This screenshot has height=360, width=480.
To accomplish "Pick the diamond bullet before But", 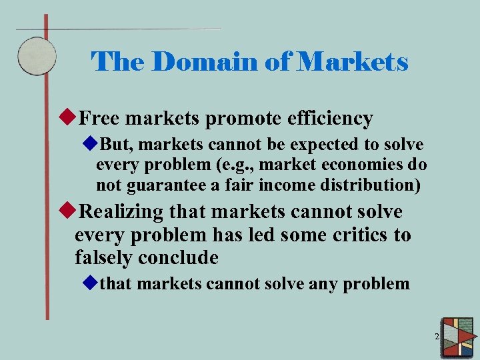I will tap(90, 145).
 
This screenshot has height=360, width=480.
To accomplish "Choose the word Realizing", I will tap(121, 213).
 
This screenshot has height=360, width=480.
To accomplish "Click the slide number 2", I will tap(437, 337).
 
